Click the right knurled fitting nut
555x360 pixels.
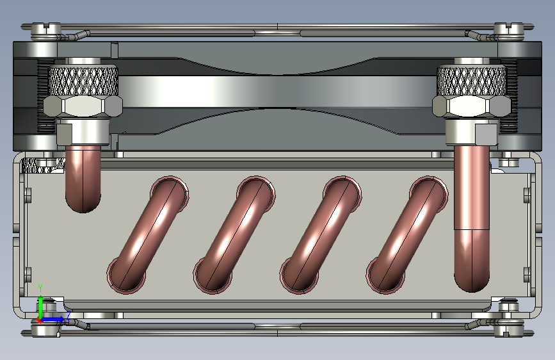[x=471, y=81]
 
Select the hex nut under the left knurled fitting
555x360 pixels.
[x=83, y=106]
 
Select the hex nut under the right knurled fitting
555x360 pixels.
[x=471, y=106]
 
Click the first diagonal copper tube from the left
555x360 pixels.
[x=148, y=234]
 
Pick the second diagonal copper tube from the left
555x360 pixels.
[x=234, y=234]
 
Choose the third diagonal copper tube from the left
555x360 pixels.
[x=321, y=234]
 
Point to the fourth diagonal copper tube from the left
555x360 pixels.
[x=407, y=234]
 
